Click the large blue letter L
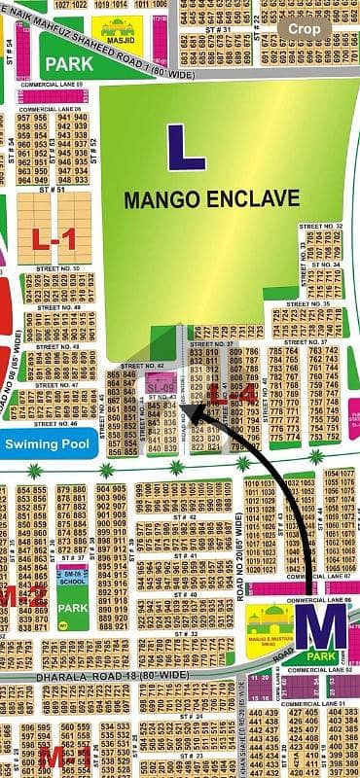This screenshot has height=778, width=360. point(186,148)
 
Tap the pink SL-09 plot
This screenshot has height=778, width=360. point(161,387)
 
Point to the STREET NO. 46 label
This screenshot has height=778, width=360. point(55,424)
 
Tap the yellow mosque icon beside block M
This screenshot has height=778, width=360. point(270,620)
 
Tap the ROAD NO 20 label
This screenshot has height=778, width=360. point(239,560)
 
